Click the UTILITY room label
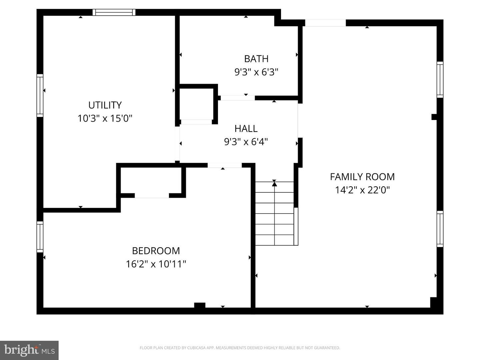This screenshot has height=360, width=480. (x=105, y=105)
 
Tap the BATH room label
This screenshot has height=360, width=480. (x=256, y=59)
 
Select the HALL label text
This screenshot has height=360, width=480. (x=246, y=128)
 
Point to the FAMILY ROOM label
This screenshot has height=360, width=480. (x=362, y=177)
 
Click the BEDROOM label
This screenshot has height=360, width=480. (x=156, y=251)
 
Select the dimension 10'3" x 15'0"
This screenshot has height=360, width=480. (x=105, y=118)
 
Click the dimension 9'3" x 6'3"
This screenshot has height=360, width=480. (x=256, y=72)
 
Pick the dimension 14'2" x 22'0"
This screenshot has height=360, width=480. (x=362, y=190)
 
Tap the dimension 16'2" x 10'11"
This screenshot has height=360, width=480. (x=156, y=264)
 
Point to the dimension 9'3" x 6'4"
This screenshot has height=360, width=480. (x=246, y=142)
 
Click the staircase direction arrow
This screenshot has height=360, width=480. (x=274, y=183)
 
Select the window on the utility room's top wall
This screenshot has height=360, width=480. (x=114, y=12)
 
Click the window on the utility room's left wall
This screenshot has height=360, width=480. (x=40, y=95)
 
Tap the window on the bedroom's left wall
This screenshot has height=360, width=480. (x=40, y=237)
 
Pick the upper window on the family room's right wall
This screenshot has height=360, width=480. (x=440, y=80)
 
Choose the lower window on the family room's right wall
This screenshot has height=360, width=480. (x=440, y=229)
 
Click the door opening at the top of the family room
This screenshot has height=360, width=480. (x=325, y=23)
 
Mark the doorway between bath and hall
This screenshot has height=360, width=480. (x=238, y=98)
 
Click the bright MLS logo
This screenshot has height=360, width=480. (x=29, y=350)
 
